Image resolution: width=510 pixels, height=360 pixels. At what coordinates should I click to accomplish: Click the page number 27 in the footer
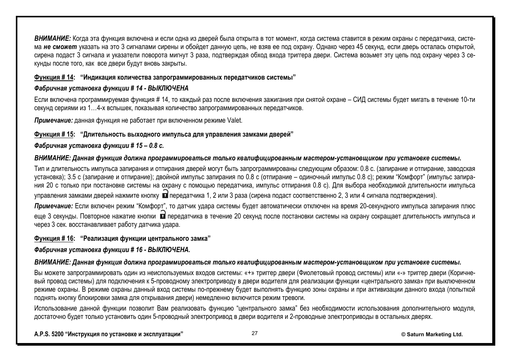(254, 333)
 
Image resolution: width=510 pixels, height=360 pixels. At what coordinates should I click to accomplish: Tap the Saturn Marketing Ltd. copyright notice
(431, 334)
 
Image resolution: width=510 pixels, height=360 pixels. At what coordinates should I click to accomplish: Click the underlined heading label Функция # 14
(54, 77)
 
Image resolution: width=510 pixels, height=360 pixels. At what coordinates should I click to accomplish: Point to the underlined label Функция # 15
(54, 134)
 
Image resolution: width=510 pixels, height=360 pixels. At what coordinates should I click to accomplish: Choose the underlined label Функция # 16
(54, 238)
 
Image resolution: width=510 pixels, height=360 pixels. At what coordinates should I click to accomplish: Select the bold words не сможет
(60, 47)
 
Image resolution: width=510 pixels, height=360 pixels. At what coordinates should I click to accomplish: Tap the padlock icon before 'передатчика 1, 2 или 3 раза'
(165, 195)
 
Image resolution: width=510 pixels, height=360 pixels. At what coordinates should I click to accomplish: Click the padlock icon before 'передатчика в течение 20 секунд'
(162, 215)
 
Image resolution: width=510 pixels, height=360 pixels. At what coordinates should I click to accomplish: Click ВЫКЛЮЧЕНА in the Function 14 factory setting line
(168, 88)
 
